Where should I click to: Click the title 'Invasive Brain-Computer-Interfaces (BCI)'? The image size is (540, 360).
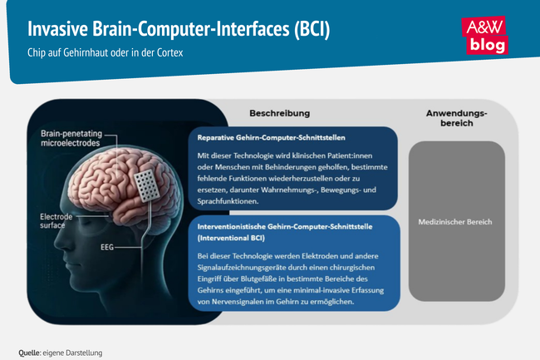coord(179,29)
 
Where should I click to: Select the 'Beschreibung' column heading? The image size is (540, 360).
coord(280,112)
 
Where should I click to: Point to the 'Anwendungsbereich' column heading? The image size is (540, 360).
coord(456,117)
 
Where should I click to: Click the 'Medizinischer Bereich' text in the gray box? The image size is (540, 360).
coord(456,222)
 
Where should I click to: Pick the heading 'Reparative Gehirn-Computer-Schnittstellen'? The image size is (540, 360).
coord(271,137)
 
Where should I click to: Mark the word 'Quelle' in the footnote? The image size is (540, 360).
coord(30,353)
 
